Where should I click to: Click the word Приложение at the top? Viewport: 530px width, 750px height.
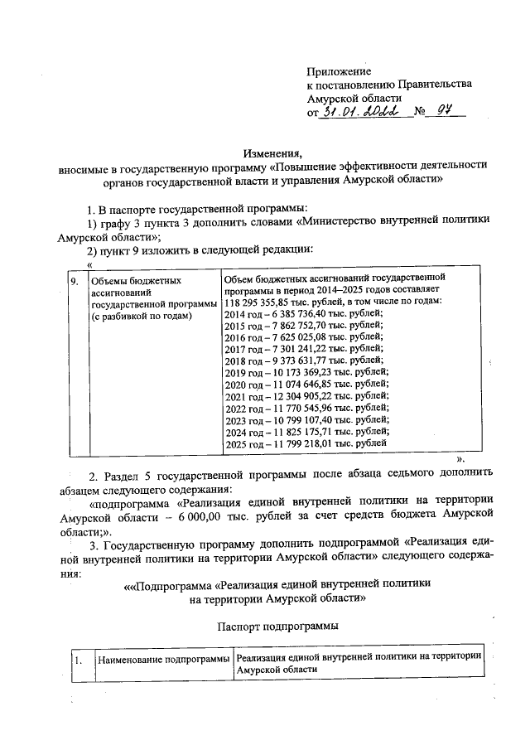339,71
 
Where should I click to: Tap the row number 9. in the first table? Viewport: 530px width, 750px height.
75,281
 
